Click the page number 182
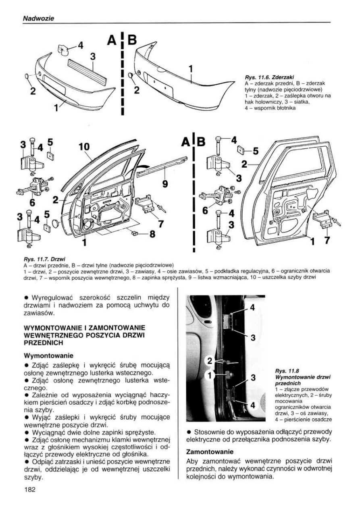(30, 490)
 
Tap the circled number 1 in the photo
(210, 376)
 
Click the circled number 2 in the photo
(210, 360)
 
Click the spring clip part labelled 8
(135, 233)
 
